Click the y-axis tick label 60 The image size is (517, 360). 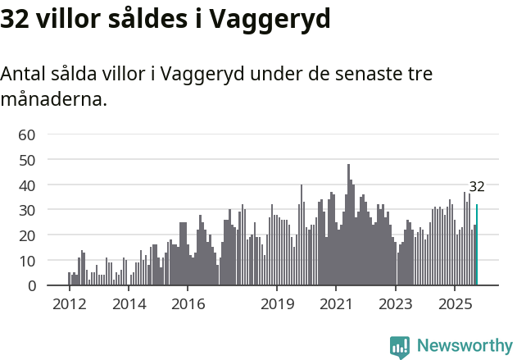tap(26, 134)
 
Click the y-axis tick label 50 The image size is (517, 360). tap(26, 160)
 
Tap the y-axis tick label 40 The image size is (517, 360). tap(26, 185)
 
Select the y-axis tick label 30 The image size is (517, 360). tap(26, 211)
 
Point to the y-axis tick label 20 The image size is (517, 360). tap(26, 236)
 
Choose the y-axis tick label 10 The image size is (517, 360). tap(26, 261)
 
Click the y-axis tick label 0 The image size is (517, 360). tap(31, 286)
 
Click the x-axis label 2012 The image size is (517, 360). tap(69, 304)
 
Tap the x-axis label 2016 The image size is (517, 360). tap(188, 304)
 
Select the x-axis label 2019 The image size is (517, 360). tap(277, 304)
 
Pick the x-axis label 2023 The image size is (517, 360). tap(396, 304)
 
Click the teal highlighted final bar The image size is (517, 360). tap(477, 246)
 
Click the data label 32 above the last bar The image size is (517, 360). tap(477, 186)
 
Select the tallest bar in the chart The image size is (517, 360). tap(348, 226)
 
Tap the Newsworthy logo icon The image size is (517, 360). tap(400, 347)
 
